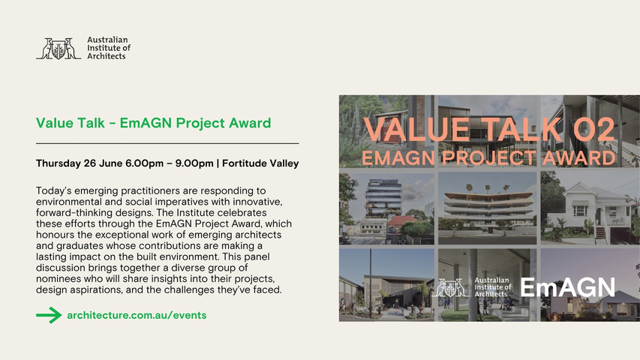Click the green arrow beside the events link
(x=49, y=315)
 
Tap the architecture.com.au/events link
(x=137, y=315)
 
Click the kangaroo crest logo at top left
(x=59, y=49)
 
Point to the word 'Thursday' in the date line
(x=59, y=163)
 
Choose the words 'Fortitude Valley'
(x=260, y=163)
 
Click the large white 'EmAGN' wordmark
(x=568, y=287)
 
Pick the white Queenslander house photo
(x=590, y=208)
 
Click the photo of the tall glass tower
(x=386, y=208)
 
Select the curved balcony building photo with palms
(x=488, y=208)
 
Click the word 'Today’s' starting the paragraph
(x=53, y=190)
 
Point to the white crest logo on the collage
(x=450, y=287)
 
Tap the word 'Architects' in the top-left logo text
(x=107, y=56)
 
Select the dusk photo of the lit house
(x=590, y=285)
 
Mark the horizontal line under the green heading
(x=167, y=144)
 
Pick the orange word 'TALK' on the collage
(x=522, y=130)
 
